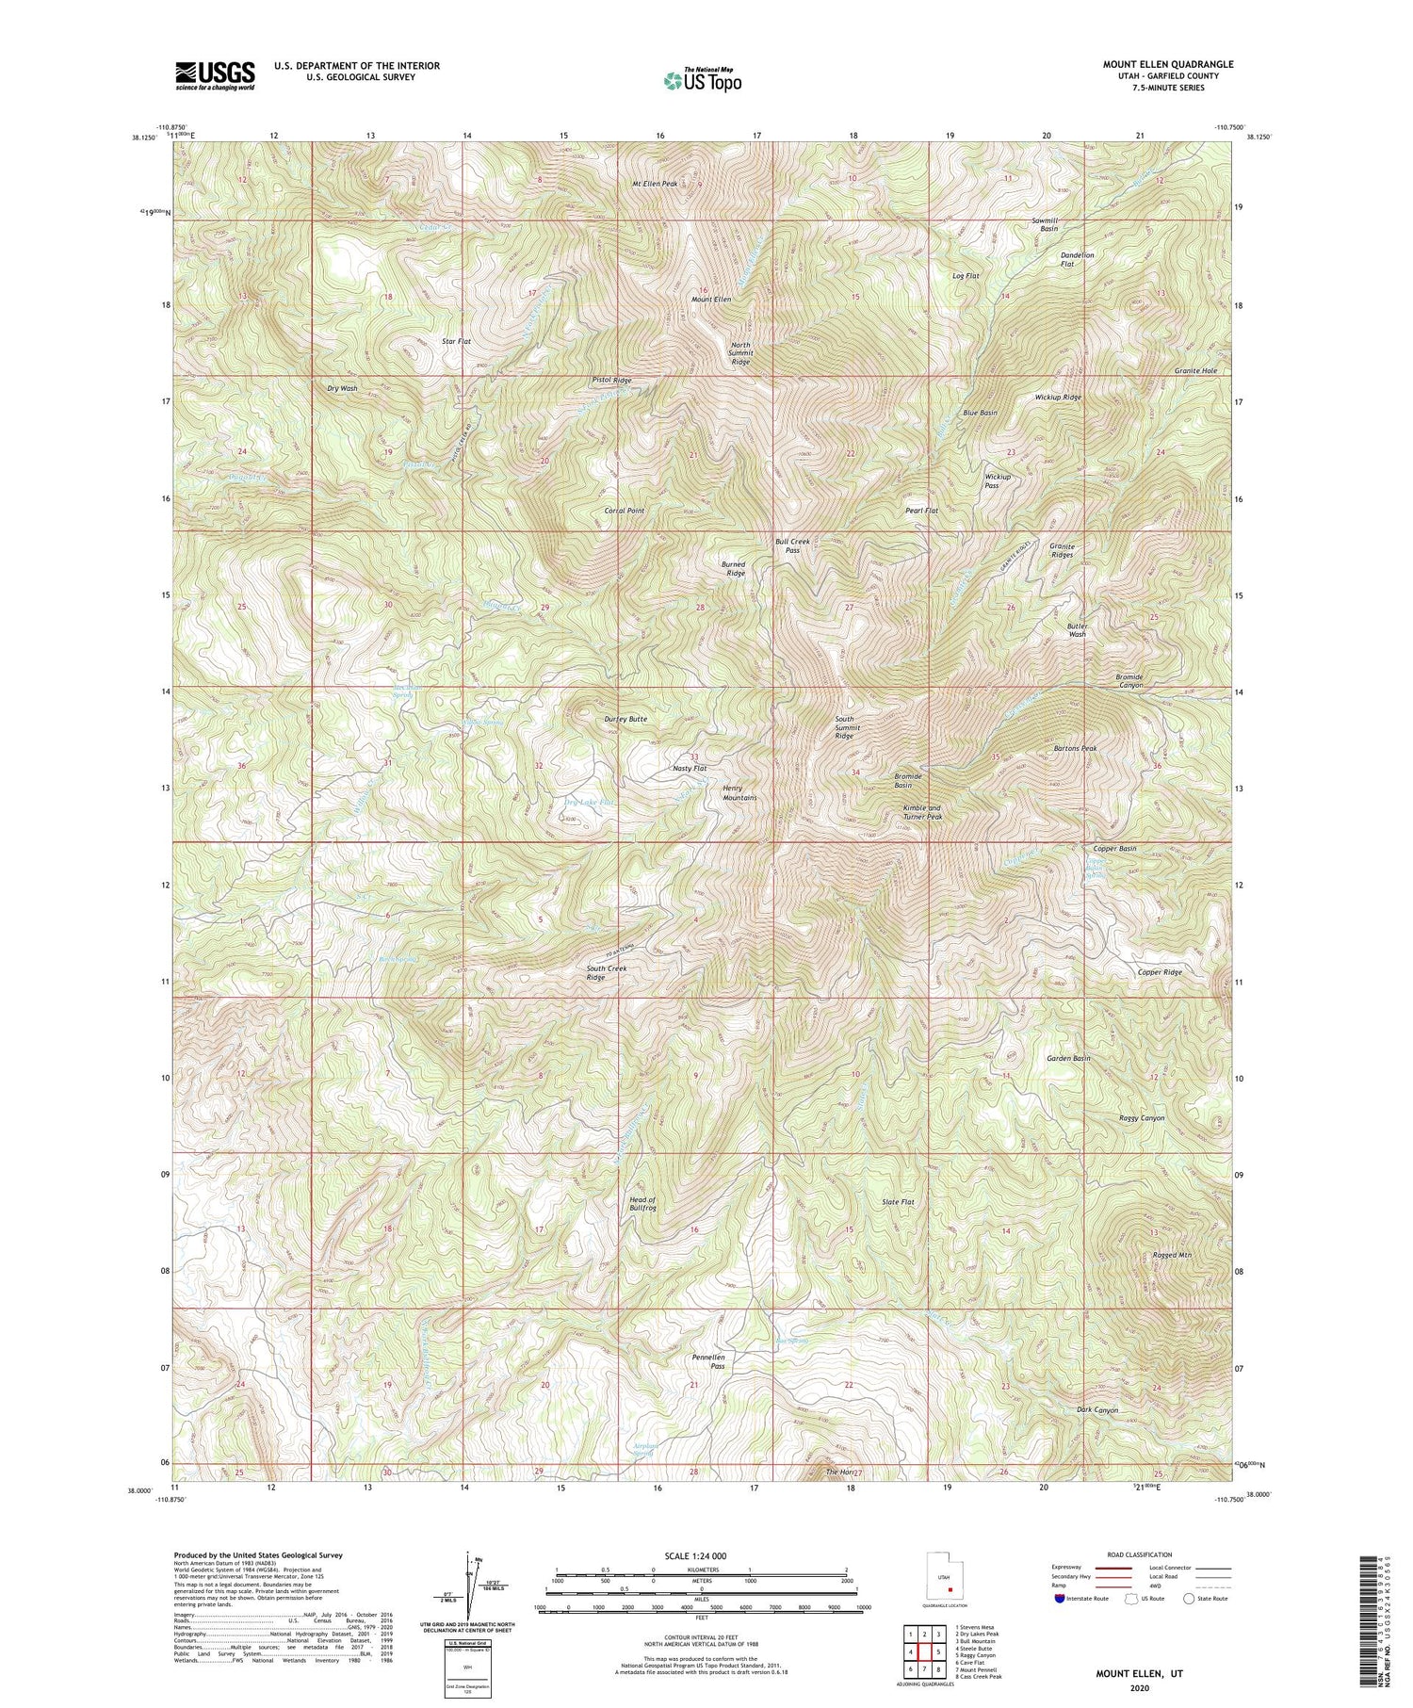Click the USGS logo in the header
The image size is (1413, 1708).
214,74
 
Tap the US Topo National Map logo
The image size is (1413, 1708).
702,80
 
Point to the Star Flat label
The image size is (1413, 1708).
456,341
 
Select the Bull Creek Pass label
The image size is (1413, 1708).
792,545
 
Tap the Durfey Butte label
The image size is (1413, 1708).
625,719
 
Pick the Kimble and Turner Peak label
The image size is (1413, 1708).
921,812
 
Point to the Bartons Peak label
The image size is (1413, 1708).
1077,748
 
